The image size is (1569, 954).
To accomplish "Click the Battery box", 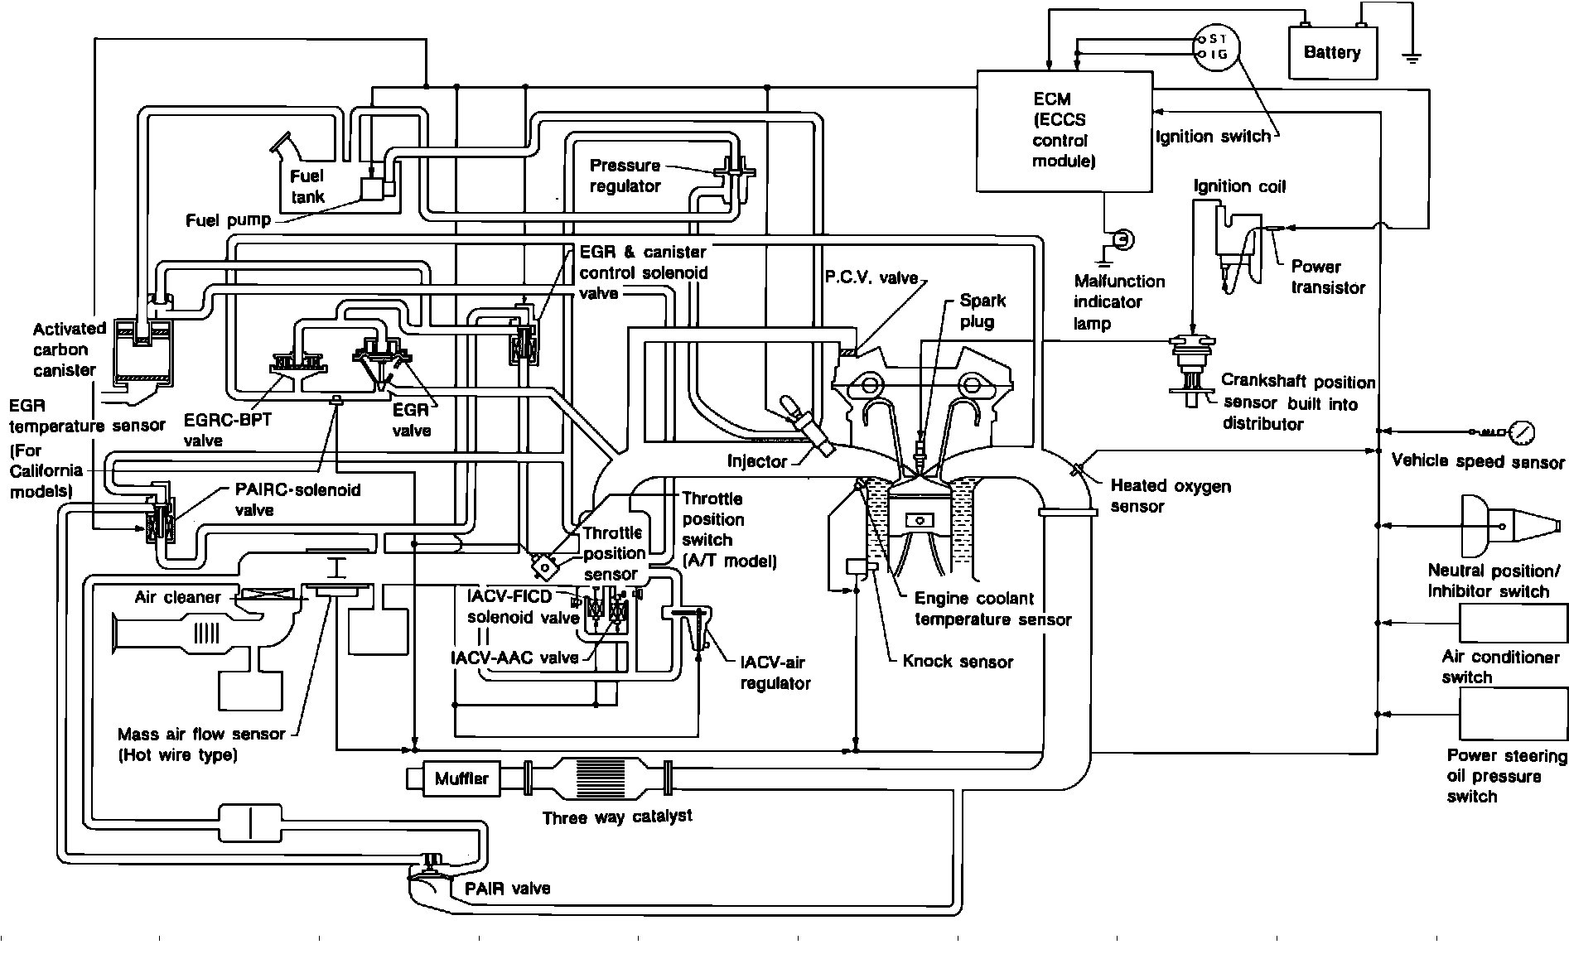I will click(1332, 53).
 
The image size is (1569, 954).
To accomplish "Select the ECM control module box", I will click(1064, 130).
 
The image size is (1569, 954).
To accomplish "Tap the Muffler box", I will click(461, 779).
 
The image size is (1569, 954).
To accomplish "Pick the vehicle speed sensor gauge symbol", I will click(1522, 432).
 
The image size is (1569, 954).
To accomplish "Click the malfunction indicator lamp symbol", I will click(1123, 240).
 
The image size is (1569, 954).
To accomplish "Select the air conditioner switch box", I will click(1513, 623).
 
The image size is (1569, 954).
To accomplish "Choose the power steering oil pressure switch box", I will click(1513, 714).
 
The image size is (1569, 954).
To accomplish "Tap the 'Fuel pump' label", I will click(228, 220).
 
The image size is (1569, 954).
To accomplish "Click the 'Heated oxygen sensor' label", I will click(1170, 496).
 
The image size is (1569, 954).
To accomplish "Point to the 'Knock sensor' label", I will click(958, 662).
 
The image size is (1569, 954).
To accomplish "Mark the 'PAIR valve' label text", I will click(507, 889).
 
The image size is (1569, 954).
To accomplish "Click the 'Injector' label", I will click(757, 461).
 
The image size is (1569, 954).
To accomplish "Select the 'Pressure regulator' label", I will click(625, 176).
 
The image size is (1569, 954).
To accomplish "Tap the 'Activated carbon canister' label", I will click(70, 349).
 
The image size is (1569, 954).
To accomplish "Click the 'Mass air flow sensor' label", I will click(201, 744).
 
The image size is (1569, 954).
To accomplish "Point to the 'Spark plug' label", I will click(982, 311).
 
